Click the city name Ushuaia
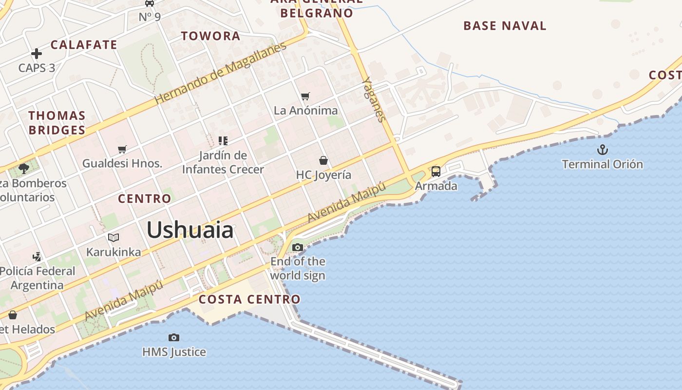190,230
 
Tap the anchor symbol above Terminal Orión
603,149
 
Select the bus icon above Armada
436,172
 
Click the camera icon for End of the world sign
298,247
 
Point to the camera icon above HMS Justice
174,337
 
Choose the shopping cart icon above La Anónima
305,96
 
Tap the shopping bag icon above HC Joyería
323,160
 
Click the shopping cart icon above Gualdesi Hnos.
122,149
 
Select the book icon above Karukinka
114,237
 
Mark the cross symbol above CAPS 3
37,54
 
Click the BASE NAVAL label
505,26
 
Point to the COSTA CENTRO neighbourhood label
249,299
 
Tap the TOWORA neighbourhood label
210,36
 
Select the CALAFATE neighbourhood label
84,44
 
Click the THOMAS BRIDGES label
57,123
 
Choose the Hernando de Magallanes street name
221,73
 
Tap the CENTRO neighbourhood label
145,198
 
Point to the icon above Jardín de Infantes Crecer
223,141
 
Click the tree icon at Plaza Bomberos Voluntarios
23,169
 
